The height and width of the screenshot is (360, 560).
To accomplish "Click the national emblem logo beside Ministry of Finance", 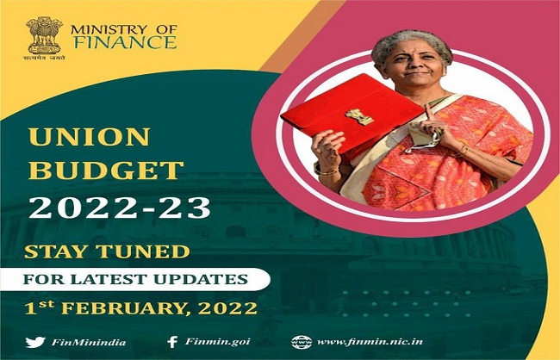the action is tap(45, 38).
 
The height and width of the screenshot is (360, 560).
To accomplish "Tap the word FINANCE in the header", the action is tap(125, 42).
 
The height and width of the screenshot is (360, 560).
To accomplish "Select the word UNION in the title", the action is tap(89, 137).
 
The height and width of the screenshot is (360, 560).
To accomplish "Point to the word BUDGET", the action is tap(106, 170).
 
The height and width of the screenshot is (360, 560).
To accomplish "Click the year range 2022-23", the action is tap(120, 208).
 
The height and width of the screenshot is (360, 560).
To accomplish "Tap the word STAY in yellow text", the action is tap(56, 251).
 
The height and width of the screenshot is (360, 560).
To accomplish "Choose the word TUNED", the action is tap(143, 251).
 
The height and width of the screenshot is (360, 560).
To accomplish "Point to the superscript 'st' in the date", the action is tap(47, 304).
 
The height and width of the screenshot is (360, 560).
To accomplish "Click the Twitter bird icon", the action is tap(35, 342).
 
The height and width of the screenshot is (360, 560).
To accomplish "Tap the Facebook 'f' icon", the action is tap(172, 342).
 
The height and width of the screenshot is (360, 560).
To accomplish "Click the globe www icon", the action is tap(302, 342).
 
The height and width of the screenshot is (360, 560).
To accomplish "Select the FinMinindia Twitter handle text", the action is tap(89, 343).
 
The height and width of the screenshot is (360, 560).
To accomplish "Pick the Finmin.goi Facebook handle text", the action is tap(217, 342).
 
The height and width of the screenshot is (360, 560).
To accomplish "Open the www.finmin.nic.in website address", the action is tap(370, 342).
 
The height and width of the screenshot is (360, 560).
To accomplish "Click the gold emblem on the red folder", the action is tap(359, 117).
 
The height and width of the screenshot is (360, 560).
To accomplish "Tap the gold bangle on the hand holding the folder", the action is tap(328, 172).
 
